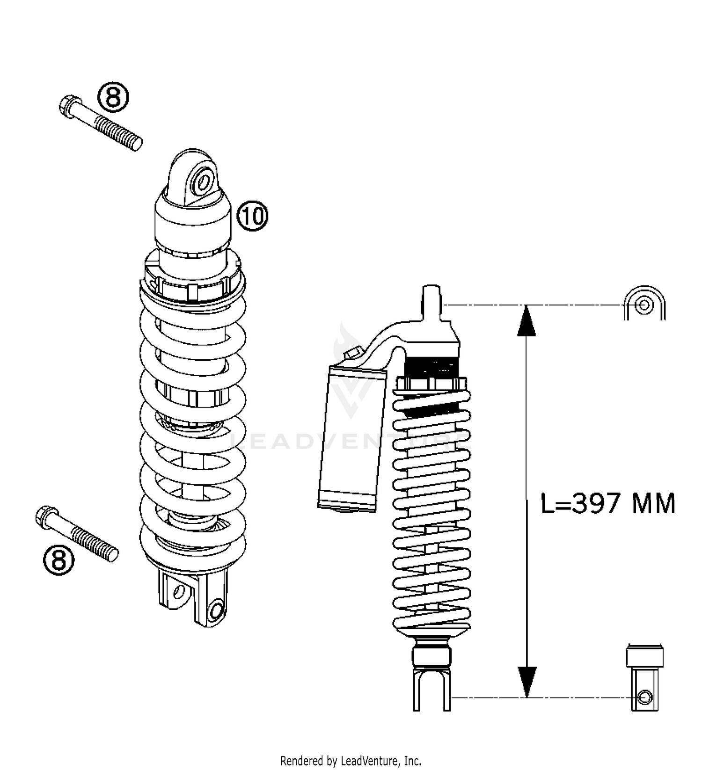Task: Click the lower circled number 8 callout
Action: pyautogui.click(x=59, y=560)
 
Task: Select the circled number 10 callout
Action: pyautogui.click(x=253, y=217)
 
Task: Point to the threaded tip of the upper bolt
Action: pyautogui.click(x=136, y=143)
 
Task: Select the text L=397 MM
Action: pyautogui.click(x=607, y=504)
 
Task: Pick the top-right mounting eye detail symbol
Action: pyautogui.click(x=644, y=304)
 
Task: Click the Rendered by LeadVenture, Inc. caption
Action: pyautogui.click(x=351, y=760)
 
